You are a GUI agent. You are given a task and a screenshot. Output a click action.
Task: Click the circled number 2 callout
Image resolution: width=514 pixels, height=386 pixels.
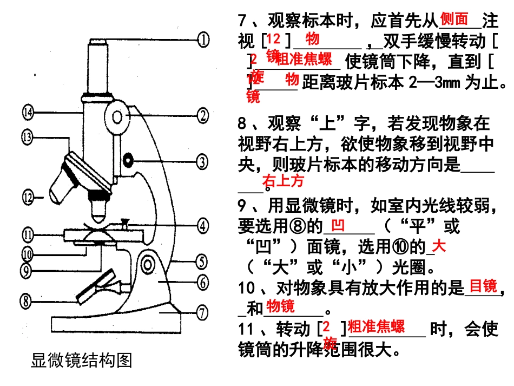click(x=203, y=115)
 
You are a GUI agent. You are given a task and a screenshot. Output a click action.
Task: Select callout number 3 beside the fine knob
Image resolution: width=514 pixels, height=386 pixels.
click(x=201, y=161)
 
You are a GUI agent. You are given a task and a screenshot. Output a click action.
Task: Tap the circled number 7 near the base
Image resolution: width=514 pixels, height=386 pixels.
click(x=201, y=312)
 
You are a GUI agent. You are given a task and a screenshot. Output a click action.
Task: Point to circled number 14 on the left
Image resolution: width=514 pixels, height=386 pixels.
click(x=28, y=112)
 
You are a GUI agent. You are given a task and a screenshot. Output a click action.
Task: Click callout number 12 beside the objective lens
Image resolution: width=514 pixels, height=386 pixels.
click(x=28, y=196)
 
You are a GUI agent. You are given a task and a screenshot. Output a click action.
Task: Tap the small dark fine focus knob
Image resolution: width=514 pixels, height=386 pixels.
click(x=128, y=160)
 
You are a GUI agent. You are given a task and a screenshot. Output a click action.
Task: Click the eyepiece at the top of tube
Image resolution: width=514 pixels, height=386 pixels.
click(x=98, y=43)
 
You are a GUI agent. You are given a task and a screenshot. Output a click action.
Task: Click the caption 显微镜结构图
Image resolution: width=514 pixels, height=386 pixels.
click(x=82, y=360)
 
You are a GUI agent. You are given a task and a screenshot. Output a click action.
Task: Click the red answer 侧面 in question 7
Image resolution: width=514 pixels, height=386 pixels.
click(x=454, y=19)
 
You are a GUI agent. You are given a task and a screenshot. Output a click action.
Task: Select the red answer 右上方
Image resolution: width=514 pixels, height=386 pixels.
click(x=283, y=181)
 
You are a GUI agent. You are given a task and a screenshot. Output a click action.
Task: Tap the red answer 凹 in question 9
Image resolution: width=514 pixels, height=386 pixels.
click(x=337, y=224)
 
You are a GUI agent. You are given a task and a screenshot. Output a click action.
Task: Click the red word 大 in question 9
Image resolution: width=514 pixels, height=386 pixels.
click(x=439, y=247)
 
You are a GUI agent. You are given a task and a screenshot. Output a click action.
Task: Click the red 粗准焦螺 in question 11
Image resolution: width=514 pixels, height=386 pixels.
click(x=376, y=326)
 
